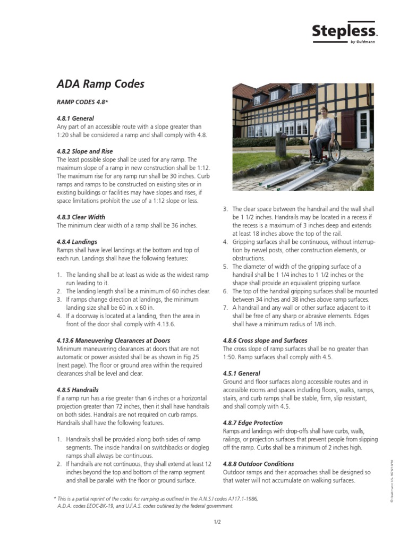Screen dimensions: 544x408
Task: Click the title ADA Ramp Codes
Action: click(100, 84)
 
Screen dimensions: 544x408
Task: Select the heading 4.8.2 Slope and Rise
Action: click(84, 151)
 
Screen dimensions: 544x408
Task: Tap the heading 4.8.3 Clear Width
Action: click(81, 217)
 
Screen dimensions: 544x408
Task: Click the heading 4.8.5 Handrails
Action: click(78, 389)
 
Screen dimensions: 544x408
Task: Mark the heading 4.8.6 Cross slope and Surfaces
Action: click(265, 341)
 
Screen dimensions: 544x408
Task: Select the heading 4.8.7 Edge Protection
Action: click(253, 423)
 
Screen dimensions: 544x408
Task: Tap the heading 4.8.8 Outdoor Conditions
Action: click(259, 464)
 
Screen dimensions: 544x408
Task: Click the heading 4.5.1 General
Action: click(242, 373)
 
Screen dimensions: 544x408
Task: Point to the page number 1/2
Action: click(217, 523)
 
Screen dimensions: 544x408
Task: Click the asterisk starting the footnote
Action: click(55, 498)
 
